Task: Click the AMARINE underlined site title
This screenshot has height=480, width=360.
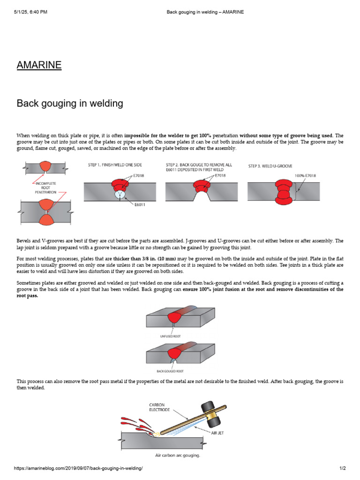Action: pos(39,65)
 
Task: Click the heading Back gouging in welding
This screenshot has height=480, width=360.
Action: pos(70,103)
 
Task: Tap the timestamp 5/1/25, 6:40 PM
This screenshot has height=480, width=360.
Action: pos(30,12)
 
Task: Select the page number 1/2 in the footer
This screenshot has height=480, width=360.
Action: pos(342,468)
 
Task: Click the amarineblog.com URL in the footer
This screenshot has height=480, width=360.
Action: pos(78,468)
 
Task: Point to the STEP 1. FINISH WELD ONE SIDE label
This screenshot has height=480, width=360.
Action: pos(115,165)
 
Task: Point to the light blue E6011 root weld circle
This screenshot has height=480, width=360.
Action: pos(120,193)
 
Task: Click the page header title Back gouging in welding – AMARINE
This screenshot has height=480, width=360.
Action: pos(205,12)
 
